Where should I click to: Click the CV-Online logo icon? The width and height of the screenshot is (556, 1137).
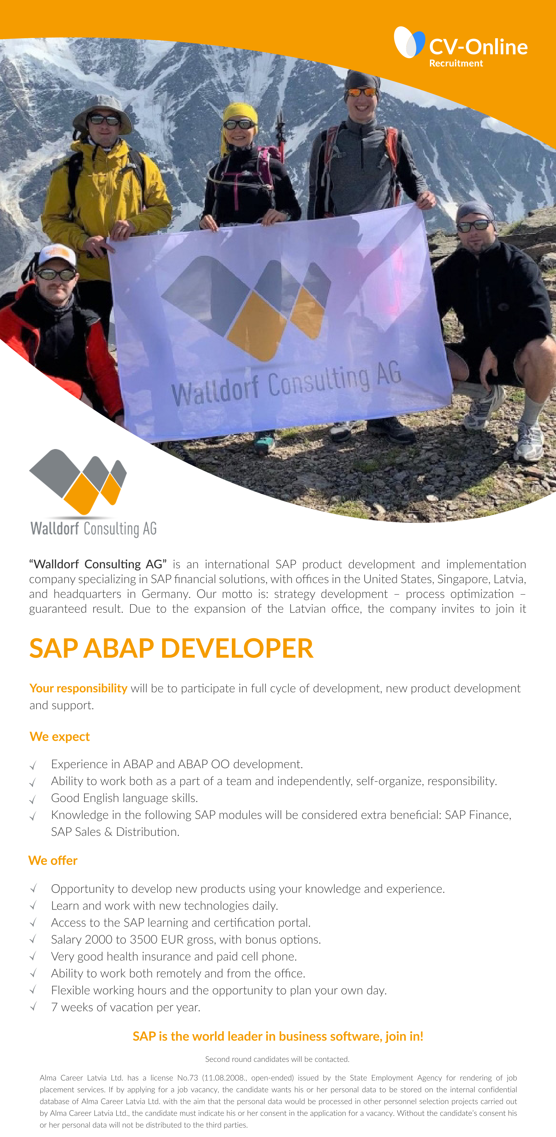pyautogui.click(x=409, y=42)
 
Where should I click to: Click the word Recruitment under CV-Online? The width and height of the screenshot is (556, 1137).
pyautogui.click(x=456, y=63)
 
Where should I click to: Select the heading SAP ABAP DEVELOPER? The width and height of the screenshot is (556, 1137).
pyautogui.click(x=171, y=648)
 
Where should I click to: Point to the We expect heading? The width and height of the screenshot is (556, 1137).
pyautogui.click(x=59, y=736)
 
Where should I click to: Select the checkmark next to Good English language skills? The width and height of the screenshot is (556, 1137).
pyautogui.click(x=33, y=799)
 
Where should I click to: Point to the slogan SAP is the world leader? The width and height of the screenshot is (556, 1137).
pyautogui.click(x=278, y=1036)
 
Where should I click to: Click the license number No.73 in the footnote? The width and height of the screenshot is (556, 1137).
pyautogui.click(x=187, y=1077)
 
